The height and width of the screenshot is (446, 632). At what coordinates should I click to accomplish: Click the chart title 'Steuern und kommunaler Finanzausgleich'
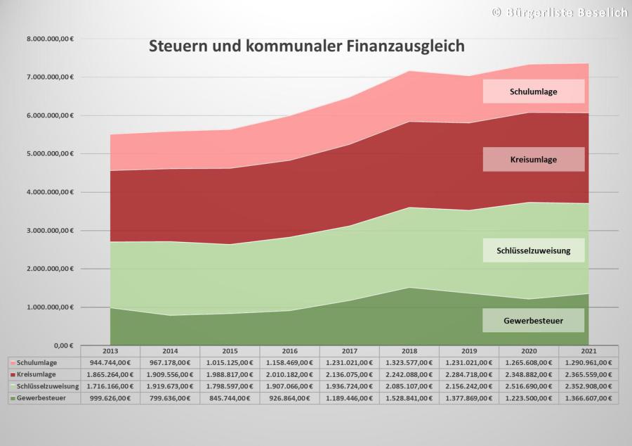pos(306,47)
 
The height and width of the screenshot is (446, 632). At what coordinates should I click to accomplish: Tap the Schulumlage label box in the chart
pos(534,91)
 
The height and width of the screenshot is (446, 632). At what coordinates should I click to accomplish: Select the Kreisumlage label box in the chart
pos(534,160)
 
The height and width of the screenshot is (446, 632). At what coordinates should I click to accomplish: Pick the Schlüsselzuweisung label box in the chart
pos(534,250)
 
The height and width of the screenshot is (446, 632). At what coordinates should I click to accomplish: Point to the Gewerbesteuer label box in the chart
pos(534,321)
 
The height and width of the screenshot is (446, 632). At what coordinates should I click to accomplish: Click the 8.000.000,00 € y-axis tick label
pos(51,38)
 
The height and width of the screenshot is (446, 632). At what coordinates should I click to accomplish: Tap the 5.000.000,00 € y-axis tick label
pos(51,153)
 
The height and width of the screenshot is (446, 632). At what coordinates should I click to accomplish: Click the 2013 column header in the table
pos(110,350)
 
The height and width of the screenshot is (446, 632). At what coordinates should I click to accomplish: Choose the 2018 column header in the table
pos(409,350)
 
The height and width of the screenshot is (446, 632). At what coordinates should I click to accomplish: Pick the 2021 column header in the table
pos(588,350)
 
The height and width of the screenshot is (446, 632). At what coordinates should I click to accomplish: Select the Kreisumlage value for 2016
pos(289,374)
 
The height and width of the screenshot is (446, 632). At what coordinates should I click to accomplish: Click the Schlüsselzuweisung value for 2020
pos(528,386)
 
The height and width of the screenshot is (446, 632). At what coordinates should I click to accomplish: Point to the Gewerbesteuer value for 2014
pos(170,398)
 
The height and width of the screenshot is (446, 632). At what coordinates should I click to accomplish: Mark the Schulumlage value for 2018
pos(409,362)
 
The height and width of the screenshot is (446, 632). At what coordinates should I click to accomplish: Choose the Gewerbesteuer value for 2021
pos(588,398)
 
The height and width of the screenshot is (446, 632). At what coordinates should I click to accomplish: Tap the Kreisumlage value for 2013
pos(110,374)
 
